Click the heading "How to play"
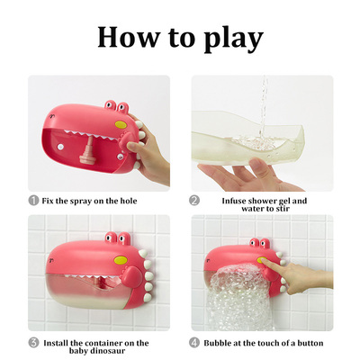tap(180, 37)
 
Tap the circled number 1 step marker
tap(33, 200)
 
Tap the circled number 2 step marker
tap(195, 200)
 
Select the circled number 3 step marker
tap(33, 342)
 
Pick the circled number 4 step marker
tap(195, 342)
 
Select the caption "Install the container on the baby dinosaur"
tap(98, 346)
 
